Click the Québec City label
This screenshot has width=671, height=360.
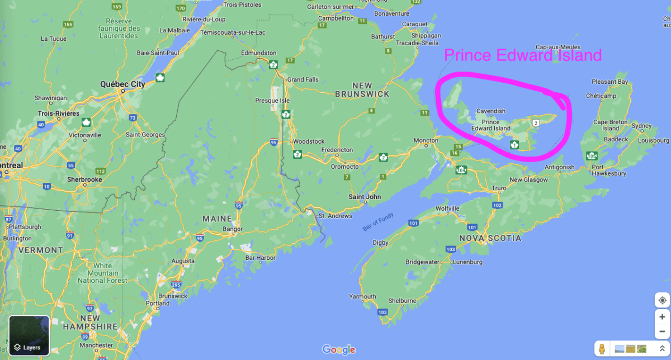click(122, 84)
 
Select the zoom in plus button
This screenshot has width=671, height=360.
click(662, 317)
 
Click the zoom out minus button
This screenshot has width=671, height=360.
click(662, 330)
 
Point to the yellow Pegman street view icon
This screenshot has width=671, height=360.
click(602, 348)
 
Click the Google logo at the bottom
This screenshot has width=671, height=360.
click(339, 350)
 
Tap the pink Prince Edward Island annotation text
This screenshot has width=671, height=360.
click(523, 55)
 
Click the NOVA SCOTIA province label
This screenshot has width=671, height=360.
click(490, 238)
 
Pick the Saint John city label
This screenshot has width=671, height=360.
click(365, 197)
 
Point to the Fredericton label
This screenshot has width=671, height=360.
click(337, 150)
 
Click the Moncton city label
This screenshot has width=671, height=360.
click(426, 140)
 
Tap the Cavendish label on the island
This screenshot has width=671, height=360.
click(491, 111)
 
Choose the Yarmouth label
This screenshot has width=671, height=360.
click(362, 296)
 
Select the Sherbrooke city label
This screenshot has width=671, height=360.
click(84, 180)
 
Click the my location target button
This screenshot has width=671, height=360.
click(662, 300)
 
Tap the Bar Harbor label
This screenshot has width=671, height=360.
click(261, 258)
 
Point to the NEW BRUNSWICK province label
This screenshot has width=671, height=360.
click(362, 90)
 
